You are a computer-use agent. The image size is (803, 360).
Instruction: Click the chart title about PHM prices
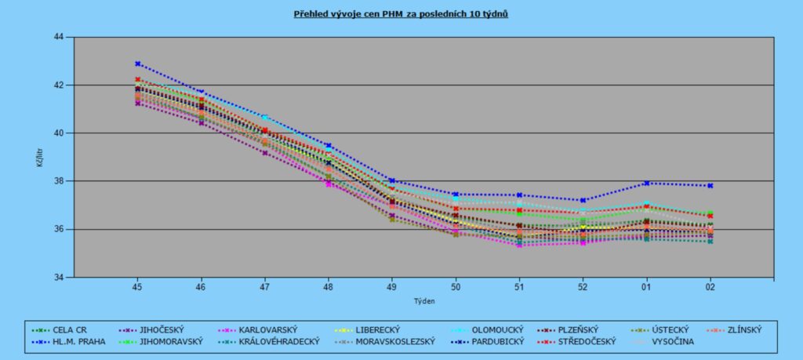[x=401, y=13]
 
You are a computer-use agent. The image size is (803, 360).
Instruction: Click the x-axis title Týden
[x=423, y=300]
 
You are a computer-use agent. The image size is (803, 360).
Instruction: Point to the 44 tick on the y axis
[x=58, y=37]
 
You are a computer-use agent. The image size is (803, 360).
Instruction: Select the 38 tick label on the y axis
[x=58, y=181]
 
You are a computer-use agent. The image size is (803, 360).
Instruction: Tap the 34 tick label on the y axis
[x=58, y=278]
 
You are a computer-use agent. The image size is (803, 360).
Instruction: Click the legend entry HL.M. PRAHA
[x=74, y=341]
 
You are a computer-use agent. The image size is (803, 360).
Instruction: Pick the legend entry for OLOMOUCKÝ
[x=495, y=329]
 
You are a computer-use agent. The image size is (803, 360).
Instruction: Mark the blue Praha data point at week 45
[x=137, y=64]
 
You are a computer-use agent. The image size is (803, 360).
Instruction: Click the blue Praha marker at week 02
[x=710, y=186]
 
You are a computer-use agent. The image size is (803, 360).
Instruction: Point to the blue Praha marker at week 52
[x=583, y=200]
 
